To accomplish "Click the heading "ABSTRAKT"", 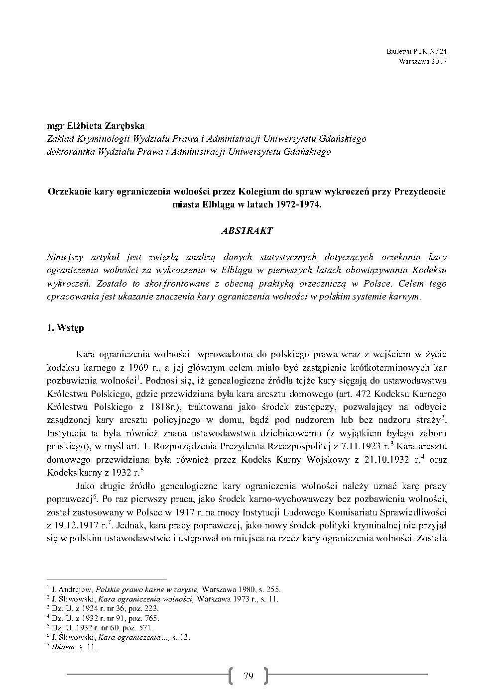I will [247, 231].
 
